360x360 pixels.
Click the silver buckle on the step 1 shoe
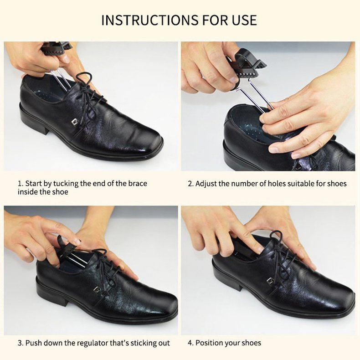pyautogui.click(x=74, y=122)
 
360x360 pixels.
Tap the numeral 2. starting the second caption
pyautogui.click(x=191, y=184)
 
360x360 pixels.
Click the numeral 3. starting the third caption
pyautogui.click(x=21, y=343)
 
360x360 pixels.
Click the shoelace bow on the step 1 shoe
pyautogui.click(x=89, y=97)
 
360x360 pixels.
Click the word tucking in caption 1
pyautogui.click(x=67, y=184)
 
